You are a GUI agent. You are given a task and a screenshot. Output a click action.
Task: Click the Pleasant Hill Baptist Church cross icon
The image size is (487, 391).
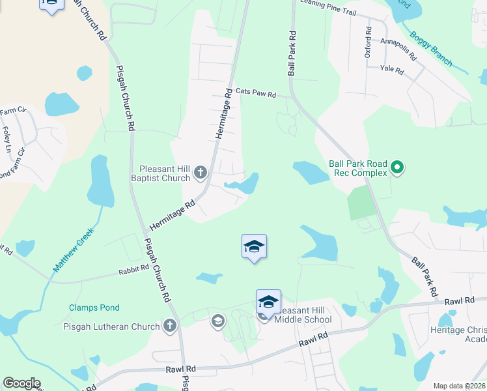coord(201,173)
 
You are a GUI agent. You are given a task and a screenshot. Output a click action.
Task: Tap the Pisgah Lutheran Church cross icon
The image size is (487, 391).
coord(170,326)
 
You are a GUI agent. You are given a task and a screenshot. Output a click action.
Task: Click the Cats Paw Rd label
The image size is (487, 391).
coord(256,93)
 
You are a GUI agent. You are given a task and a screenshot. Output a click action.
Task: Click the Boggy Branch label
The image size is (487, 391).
coord(431,50)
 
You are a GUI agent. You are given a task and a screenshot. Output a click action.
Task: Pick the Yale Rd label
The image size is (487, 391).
coord(393,68)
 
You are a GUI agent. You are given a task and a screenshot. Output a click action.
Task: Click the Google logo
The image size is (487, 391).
coord(21,383)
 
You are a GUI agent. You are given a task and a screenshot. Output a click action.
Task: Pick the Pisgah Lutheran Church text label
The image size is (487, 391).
coord(111,326)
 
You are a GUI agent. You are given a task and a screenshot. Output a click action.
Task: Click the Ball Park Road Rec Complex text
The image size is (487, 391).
coord(357,169)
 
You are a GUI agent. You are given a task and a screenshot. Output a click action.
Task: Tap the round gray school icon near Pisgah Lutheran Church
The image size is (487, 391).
coord(217,320)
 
